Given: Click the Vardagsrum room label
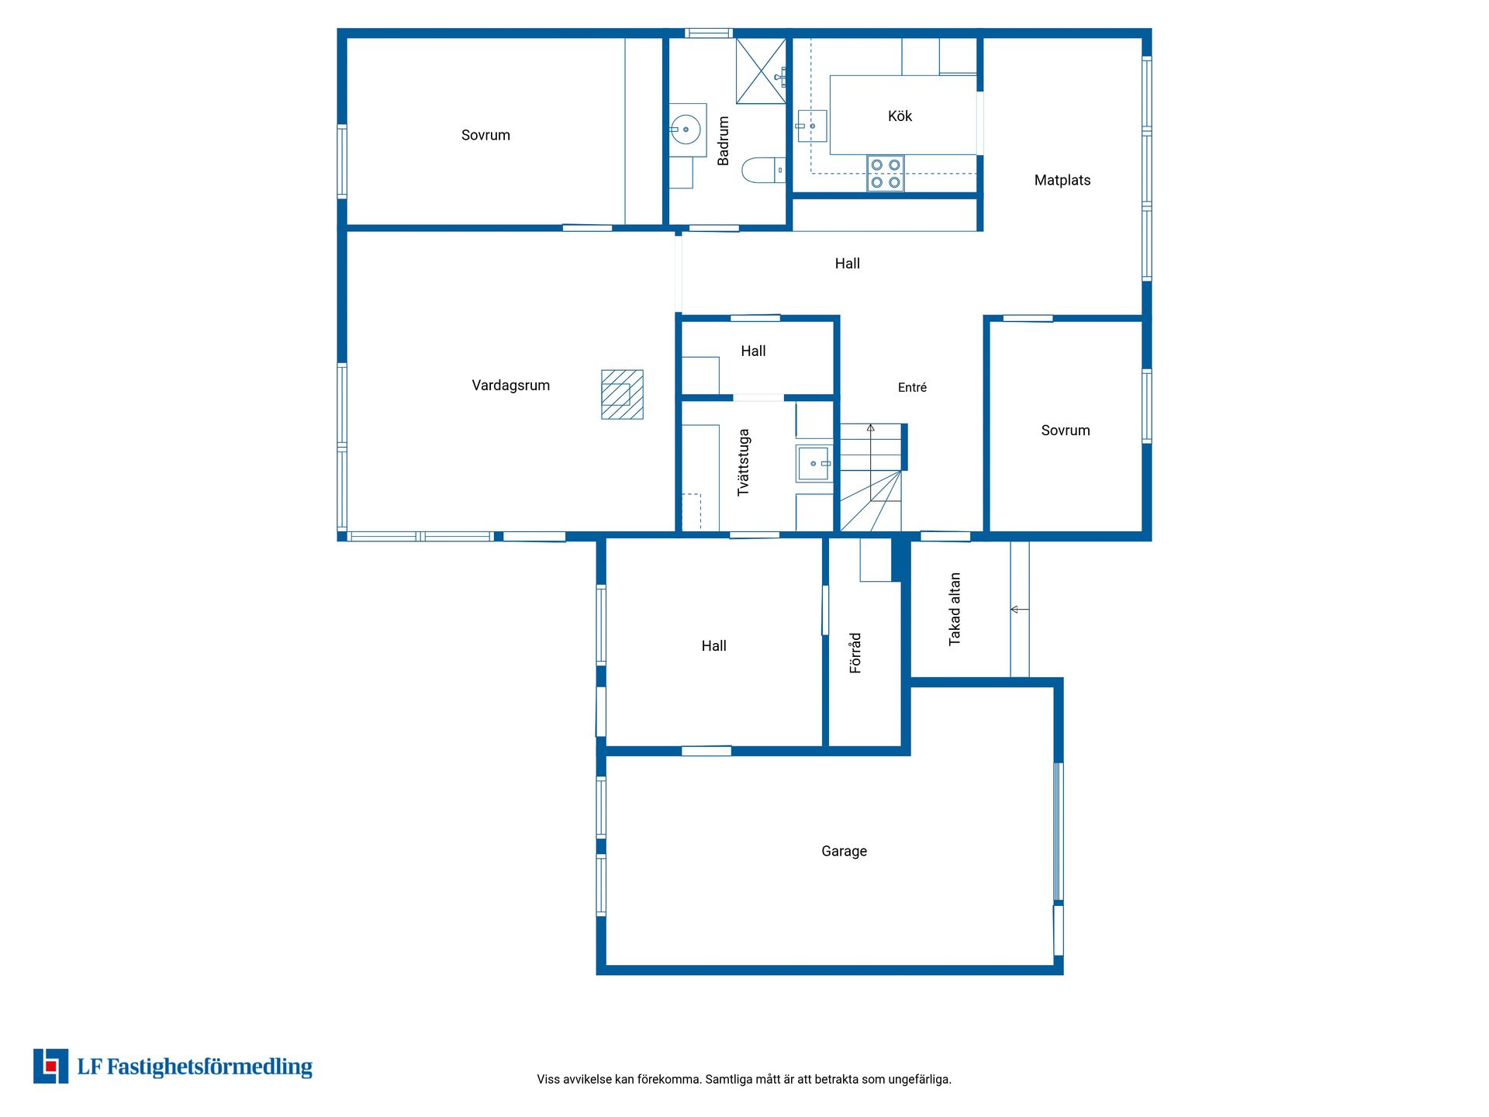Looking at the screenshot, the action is click(x=510, y=386).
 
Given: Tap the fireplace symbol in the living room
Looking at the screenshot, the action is click(x=622, y=394).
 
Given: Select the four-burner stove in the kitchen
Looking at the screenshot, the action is click(x=885, y=174).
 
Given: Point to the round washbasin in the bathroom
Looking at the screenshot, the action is click(x=687, y=130).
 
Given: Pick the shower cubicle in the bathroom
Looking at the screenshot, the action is click(x=761, y=71).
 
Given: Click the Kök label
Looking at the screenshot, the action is click(x=900, y=116).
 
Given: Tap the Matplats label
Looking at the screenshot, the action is click(x=1062, y=180).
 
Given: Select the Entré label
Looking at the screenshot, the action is click(x=912, y=388).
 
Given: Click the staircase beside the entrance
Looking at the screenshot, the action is click(x=872, y=477).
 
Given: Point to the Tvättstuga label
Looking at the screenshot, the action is click(x=743, y=462).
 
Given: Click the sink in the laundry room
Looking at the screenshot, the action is click(x=814, y=463).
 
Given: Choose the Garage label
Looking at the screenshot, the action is click(x=844, y=851).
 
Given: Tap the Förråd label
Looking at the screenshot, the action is click(x=855, y=652).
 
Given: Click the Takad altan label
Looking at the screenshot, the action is click(x=955, y=609).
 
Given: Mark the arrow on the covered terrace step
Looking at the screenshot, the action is click(x=1020, y=610).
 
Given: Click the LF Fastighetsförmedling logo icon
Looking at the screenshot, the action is click(x=50, y=1066).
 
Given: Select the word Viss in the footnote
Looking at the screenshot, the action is click(x=548, y=1079).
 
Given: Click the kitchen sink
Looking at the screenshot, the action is click(x=812, y=126).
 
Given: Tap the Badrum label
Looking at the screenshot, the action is click(x=724, y=140).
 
